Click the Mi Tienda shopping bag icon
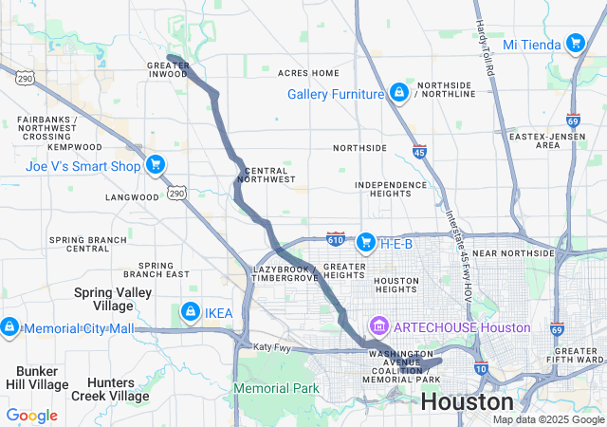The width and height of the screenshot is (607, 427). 575,44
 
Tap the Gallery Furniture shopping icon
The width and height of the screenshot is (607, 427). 399,93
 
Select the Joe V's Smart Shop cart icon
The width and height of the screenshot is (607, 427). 155,165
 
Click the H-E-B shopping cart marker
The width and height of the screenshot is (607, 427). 365,244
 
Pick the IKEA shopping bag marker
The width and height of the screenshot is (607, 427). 190,312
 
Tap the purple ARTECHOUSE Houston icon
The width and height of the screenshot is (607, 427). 379,327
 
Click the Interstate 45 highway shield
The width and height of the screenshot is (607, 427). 419,150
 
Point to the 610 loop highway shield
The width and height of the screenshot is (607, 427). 336,235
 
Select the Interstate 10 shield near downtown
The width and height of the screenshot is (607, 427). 482,367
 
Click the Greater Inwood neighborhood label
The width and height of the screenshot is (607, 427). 168,70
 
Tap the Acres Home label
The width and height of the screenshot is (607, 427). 308,73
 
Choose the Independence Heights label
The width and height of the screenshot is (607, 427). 391,190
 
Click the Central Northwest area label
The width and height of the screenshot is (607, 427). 267,174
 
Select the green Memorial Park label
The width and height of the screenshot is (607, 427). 276,388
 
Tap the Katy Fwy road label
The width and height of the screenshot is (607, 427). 271,347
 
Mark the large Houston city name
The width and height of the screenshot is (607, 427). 467,401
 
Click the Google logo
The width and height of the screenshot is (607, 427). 31,415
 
